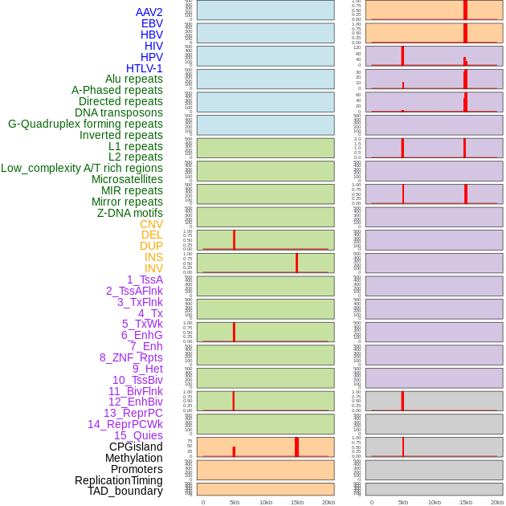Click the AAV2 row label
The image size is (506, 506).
[149, 12]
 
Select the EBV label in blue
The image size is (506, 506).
[152, 23]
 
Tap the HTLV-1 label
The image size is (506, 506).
[144, 68]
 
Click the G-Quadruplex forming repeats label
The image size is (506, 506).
[85, 124]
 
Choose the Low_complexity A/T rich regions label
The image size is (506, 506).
[82, 168]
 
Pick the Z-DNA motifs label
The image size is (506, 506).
[130, 213]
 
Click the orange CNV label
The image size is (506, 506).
[151, 224]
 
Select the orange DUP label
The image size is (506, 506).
[151, 246]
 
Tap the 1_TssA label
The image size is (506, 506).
[145, 280]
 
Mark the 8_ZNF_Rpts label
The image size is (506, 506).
[131, 357]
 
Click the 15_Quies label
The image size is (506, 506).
[138, 435]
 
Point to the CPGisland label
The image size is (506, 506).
[136, 447]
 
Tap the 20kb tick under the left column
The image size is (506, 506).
[328, 502]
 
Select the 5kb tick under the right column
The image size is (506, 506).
[403, 502]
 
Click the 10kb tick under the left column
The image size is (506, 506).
[266, 502]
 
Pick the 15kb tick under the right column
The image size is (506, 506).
[466, 502]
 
